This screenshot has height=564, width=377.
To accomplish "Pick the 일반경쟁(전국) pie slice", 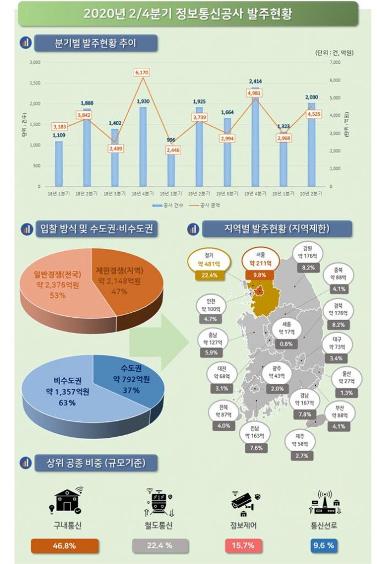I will [55, 281].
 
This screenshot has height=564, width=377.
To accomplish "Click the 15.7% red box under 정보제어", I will [242, 545].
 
